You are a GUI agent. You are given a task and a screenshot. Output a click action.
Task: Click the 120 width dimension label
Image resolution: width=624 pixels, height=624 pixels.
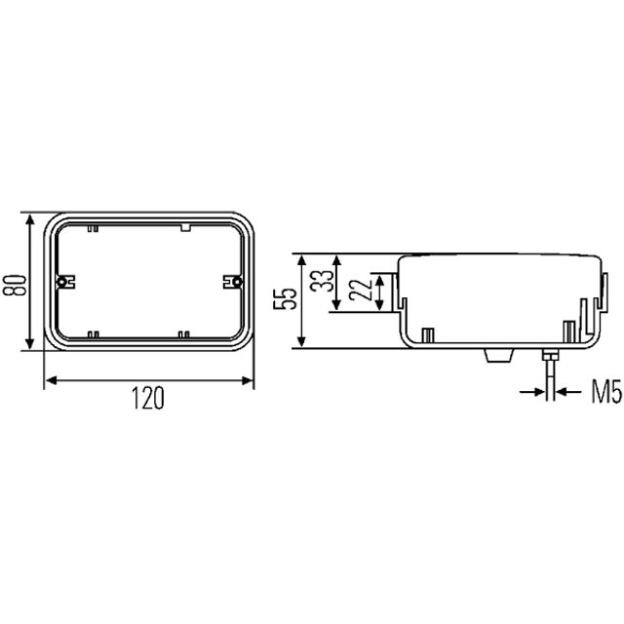(148, 398)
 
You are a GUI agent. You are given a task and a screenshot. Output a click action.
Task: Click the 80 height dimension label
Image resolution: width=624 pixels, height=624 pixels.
(15, 285)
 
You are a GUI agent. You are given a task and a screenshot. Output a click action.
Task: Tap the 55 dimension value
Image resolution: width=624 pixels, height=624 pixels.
(285, 298)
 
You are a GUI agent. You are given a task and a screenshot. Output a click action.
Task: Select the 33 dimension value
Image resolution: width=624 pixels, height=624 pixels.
(322, 281)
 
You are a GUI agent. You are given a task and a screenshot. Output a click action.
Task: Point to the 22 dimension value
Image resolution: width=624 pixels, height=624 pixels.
(360, 290)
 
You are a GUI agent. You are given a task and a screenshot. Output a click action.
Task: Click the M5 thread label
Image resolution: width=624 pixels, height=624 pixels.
(606, 392)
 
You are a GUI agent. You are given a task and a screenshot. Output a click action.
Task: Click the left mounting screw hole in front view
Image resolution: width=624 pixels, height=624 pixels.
(61, 282)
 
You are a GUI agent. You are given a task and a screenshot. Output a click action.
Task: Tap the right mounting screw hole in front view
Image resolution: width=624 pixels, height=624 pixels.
(237, 282)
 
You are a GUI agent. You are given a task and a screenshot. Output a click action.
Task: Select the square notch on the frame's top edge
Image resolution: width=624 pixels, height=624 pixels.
(186, 227)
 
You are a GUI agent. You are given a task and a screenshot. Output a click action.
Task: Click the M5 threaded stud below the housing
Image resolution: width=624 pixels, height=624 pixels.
(550, 374)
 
